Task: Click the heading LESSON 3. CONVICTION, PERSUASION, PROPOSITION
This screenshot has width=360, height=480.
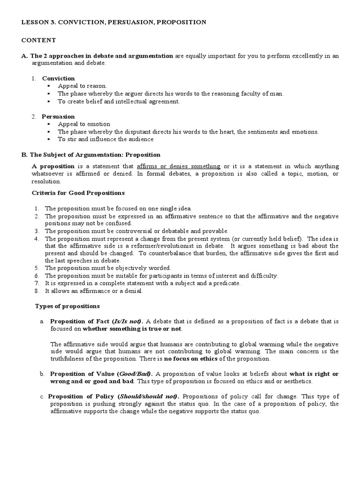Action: point(114,22)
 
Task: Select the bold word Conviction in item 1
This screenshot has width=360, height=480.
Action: point(58,78)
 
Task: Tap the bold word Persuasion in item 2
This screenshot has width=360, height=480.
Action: point(58,116)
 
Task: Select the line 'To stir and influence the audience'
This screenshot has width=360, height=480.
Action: point(105,139)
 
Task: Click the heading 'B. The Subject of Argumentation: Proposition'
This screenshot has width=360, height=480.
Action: point(91,154)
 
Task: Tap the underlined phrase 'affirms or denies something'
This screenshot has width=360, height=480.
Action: point(179,166)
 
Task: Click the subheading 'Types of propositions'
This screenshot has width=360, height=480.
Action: point(67,306)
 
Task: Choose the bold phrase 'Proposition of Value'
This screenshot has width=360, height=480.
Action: point(82,374)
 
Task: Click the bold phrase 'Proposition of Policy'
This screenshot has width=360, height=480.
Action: point(82,397)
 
